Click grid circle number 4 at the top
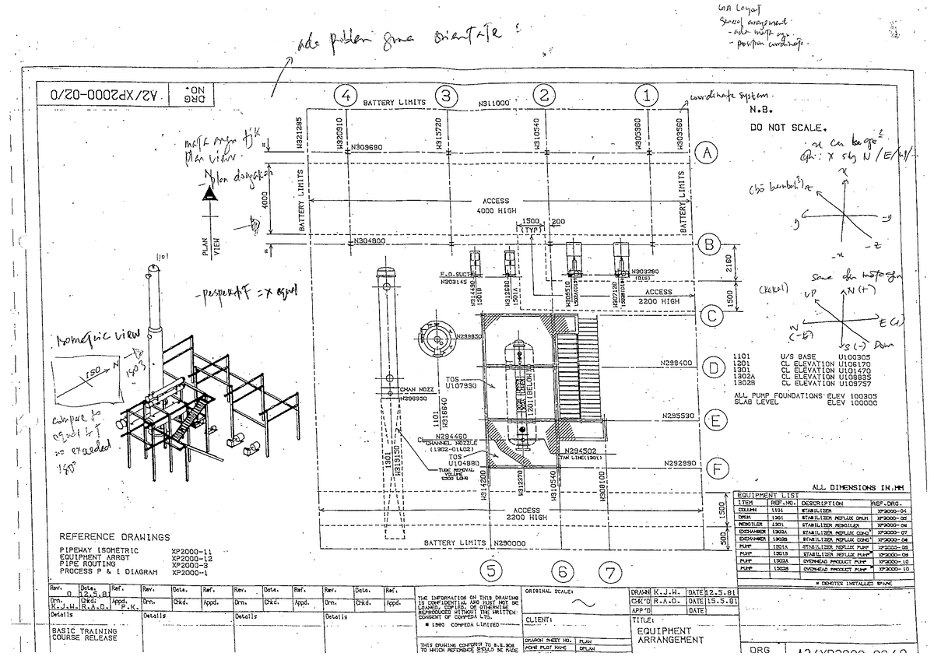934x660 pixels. (x=345, y=97)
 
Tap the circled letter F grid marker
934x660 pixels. (x=719, y=469)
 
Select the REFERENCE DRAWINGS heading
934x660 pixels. (x=114, y=537)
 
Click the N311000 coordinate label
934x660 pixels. (x=493, y=102)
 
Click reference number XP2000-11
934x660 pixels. (x=191, y=551)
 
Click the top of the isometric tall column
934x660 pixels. (x=153, y=270)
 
